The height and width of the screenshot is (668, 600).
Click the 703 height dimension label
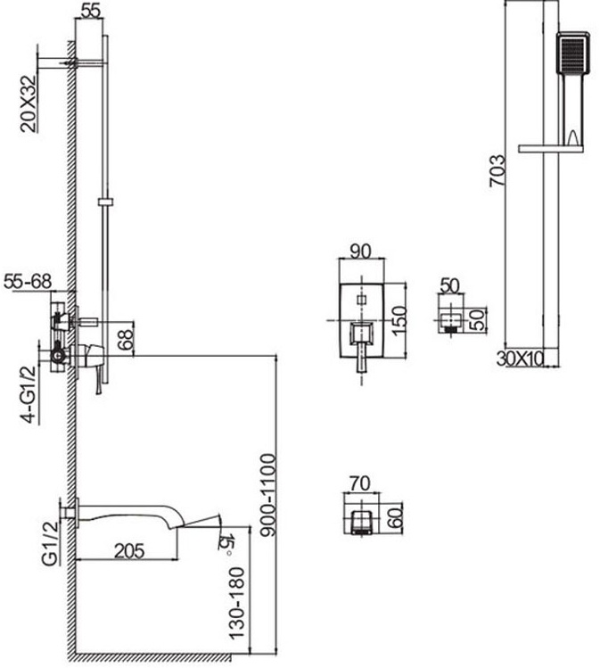(498, 170)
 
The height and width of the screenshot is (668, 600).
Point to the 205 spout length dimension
(131, 551)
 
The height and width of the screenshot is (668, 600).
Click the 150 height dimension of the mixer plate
(399, 317)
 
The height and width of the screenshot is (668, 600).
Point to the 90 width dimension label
(360, 251)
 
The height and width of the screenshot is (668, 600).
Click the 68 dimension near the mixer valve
(126, 339)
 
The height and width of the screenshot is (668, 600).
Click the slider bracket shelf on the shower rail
(550, 147)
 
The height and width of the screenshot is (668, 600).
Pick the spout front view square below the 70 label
(360, 517)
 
